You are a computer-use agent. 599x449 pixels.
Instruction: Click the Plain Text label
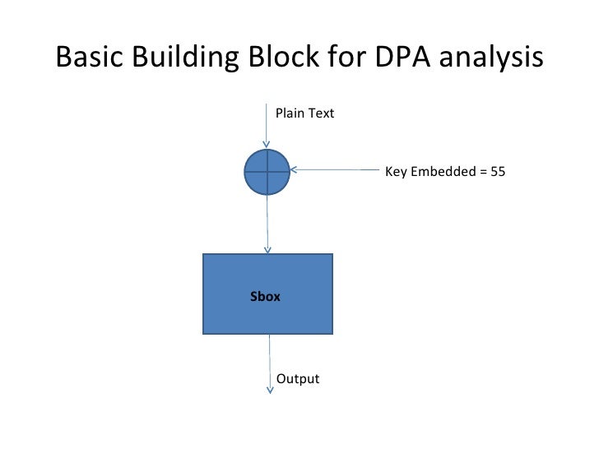tap(304, 113)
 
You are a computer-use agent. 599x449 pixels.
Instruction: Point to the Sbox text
tap(265, 296)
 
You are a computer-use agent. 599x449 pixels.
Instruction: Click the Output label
tap(297, 379)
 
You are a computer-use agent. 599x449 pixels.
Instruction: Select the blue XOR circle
tap(267, 172)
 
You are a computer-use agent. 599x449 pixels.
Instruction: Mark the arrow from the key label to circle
tap(337, 171)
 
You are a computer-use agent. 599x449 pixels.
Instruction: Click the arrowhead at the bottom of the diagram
tap(270, 390)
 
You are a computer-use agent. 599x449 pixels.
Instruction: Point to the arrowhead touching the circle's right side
tap(295, 171)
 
